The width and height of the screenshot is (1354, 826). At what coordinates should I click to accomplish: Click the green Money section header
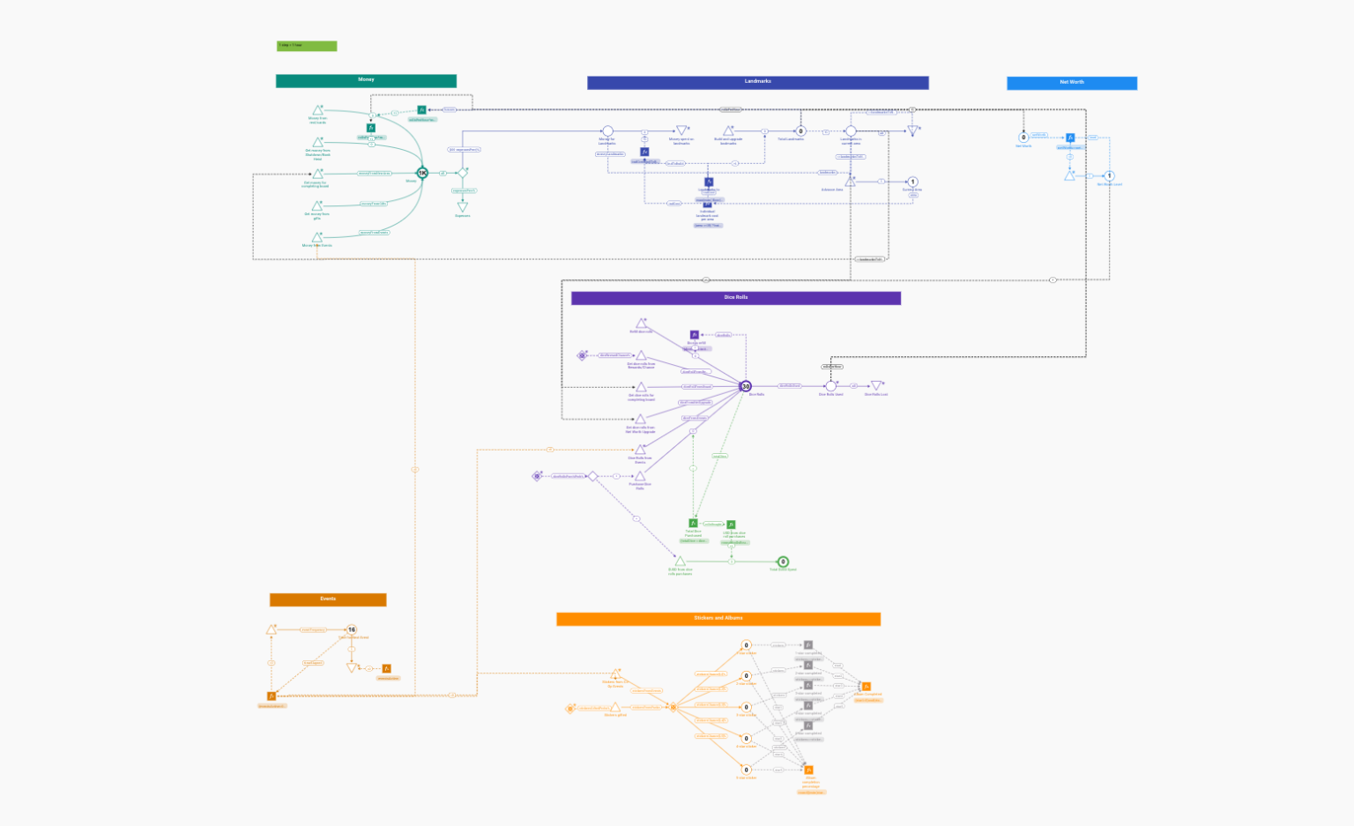point(366,80)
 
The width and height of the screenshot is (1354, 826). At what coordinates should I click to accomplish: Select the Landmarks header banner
point(757,82)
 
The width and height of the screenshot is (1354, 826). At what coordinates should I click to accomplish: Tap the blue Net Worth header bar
point(1071,83)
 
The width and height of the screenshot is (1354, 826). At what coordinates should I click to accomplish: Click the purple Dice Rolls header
point(735,298)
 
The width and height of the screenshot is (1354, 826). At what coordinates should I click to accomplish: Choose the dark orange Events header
point(328,599)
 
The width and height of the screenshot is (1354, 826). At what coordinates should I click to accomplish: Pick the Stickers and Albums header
point(718,619)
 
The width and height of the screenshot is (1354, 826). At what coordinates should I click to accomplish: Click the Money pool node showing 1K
point(422,173)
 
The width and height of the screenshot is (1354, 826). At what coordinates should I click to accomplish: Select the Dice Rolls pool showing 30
point(746,386)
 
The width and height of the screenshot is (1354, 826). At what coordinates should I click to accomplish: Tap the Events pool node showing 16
point(352,629)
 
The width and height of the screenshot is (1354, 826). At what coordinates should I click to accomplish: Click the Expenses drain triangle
point(462,207)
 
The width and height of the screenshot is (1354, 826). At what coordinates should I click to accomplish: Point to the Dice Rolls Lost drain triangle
point(876,385)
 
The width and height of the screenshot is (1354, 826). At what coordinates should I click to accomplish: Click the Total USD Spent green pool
point(783,562)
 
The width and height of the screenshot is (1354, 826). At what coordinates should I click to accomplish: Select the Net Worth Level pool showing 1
point(1110,175)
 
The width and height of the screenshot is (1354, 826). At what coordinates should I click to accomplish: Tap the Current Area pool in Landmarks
point(912,182)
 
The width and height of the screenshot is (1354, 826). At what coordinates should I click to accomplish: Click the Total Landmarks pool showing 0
point(800,131)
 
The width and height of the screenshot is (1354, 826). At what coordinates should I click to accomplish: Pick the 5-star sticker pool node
point(746,770)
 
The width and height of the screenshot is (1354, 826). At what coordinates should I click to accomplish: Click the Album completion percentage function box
point(809,770)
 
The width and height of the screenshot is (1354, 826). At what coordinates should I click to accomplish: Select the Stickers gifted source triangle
point(615,707)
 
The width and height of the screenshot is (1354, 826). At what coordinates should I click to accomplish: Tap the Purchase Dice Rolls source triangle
point(640,476)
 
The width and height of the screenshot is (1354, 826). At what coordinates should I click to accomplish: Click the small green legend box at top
point(307,46)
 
